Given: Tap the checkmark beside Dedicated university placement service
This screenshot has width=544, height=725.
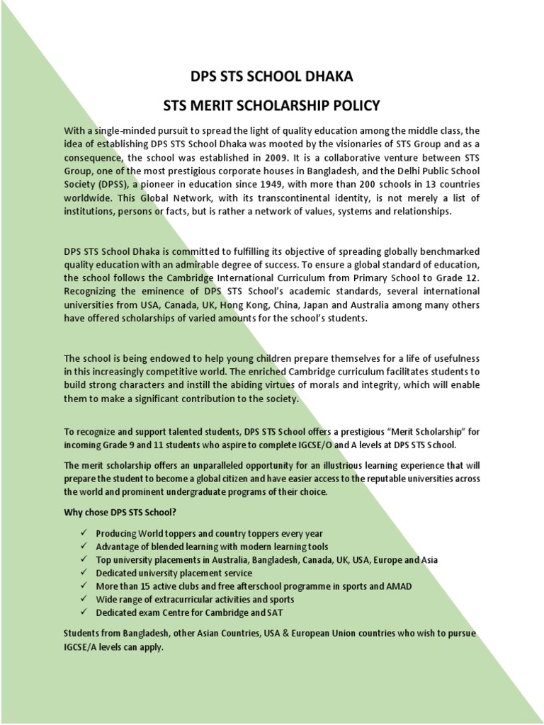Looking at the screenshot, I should [84, 573].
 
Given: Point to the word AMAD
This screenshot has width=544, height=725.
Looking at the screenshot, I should [398, 586].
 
